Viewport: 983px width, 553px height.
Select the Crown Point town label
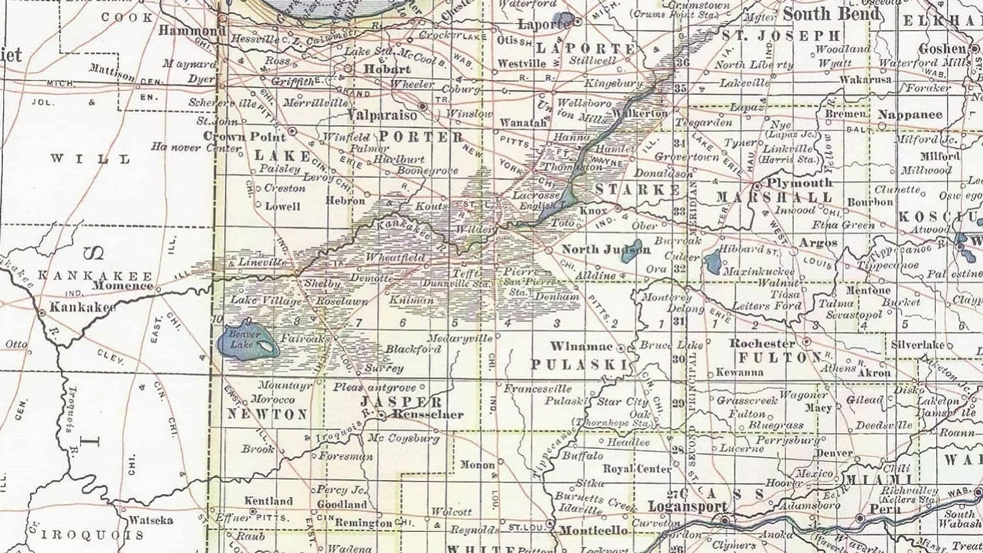(x=244, y=137)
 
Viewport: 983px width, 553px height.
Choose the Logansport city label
(x=688, y=507)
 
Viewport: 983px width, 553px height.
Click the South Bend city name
(x=831, y=14)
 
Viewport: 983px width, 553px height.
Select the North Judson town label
(x=606, y=249)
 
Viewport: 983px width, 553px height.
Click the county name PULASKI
(x=579, y=365)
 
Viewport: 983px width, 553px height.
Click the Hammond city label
(x=191, y=31)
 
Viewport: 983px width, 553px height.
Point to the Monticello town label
(x=593, y=530)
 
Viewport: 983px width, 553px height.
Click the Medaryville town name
(x=459, y=338)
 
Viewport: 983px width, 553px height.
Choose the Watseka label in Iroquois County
(x=151, y=521)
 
